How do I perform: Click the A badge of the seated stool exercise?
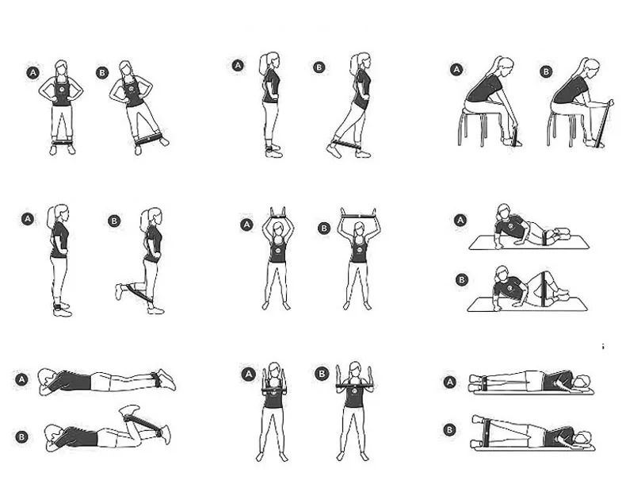click(456, 70)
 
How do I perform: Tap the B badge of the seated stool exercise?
click(546, 72)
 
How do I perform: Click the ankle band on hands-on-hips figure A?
click(63, 142)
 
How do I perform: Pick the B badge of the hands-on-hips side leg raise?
click(102, 73)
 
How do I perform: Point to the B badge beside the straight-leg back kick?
click(319, 67)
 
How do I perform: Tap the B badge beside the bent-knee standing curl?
click(114, 221)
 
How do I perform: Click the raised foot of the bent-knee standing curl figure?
click(119, 291)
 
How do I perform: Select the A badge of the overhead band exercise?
click(246, 225)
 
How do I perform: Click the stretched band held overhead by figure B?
click(358, 216)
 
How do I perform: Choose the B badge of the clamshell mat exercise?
click(462, 279)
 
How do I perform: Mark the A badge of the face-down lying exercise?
click(22, 379)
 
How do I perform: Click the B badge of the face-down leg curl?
click(22, 436)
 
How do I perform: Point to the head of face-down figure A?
click(47, 382)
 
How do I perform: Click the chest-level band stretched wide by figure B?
click(354, 386)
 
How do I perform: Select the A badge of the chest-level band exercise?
click(248, 375)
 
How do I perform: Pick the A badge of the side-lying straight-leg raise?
click(450, 382)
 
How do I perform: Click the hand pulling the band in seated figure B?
click(609, 102)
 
